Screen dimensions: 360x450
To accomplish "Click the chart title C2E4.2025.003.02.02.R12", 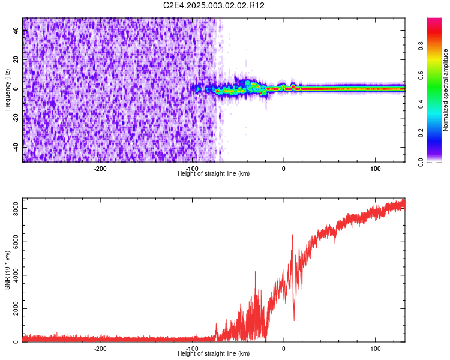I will click(214, 5).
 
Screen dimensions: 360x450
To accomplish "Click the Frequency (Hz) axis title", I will click(7, 90).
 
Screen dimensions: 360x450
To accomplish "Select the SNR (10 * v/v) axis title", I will click(7, 269).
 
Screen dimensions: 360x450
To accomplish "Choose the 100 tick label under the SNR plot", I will click(376, 349).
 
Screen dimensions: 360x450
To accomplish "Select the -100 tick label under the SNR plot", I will click(192, 349).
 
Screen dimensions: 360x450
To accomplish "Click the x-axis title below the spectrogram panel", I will click(214, 174).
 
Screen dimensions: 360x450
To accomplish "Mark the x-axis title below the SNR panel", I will click(214, 354).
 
